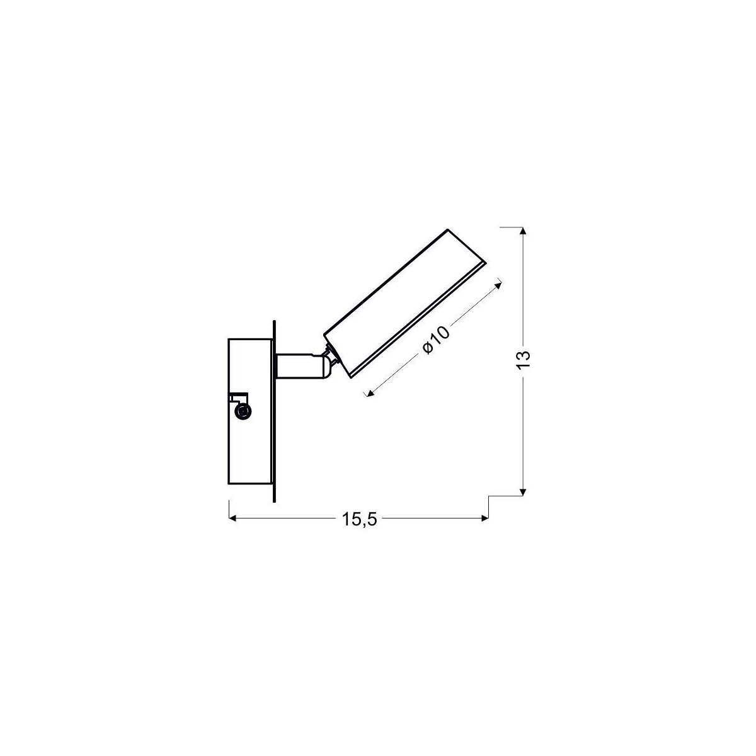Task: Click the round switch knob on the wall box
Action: pos(241,412)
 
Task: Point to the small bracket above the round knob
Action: pos(238,397)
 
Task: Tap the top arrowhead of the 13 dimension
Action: pos(523,231)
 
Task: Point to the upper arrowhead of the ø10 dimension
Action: pos(500,283)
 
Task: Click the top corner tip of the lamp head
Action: pos(447,231)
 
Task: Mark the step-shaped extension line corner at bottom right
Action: pos(489,496)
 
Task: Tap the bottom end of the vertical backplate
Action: pos(275,501)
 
